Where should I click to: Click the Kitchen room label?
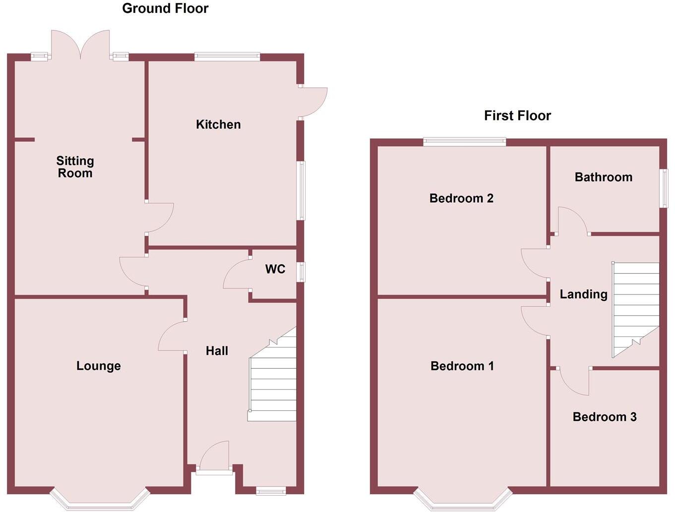[x=218, y=124]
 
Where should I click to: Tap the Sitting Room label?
[x=75, y=167]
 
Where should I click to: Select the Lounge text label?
[x=98, y=366]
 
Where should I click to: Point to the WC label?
[x=275, y=269]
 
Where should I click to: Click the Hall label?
[x=217, y=351]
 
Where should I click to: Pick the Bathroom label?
[x=604, y=177]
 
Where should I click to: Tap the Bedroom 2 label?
[x=461, y=198]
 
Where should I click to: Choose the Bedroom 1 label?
[x=462, y=366]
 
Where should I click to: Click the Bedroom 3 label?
[x=605, y=417]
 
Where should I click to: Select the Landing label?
[x=583, y=294]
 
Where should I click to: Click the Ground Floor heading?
[x=165, y=8]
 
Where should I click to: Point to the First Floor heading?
[x=517, y=115]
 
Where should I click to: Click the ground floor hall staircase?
[x=272, y=382]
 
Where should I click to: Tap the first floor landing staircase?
[x=635, y=307]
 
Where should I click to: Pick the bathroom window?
[x=663, y=188]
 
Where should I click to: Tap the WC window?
[x=301, y=272]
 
